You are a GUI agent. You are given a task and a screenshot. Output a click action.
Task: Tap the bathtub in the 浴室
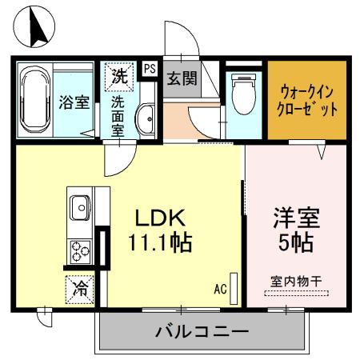36,102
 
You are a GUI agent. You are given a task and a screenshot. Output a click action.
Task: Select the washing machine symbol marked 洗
118,78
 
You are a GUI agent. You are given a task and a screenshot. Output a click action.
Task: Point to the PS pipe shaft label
150,70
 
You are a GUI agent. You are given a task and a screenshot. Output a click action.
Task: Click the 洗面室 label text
118,117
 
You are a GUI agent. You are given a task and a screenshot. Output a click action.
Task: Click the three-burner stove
80,252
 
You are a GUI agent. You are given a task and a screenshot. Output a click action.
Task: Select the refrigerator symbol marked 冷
79,286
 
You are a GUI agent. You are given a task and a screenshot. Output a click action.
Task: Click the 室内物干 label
296,282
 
